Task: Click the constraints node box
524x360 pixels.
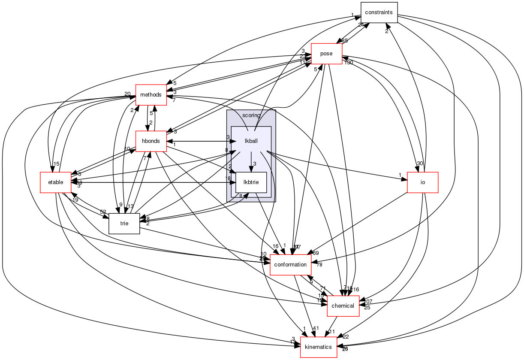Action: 379,12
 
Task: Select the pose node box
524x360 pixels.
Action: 326,54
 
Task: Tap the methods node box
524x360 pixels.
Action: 151,94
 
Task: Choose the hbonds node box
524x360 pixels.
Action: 151,141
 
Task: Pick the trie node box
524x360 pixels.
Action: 124,223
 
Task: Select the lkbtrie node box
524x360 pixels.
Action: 251,182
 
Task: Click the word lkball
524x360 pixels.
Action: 251,141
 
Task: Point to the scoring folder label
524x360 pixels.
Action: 251,115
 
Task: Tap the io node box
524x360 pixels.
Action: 422,182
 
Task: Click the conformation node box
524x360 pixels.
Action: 290,264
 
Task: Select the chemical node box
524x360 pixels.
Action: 343,306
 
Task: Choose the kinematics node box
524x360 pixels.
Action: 318,347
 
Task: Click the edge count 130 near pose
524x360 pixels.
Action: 348,63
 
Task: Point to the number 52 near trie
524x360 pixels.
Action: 103,212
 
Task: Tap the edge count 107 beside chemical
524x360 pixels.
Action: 368,301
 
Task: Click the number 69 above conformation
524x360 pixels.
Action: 316,253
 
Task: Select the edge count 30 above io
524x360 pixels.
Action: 419,163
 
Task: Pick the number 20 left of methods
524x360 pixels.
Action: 127,94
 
